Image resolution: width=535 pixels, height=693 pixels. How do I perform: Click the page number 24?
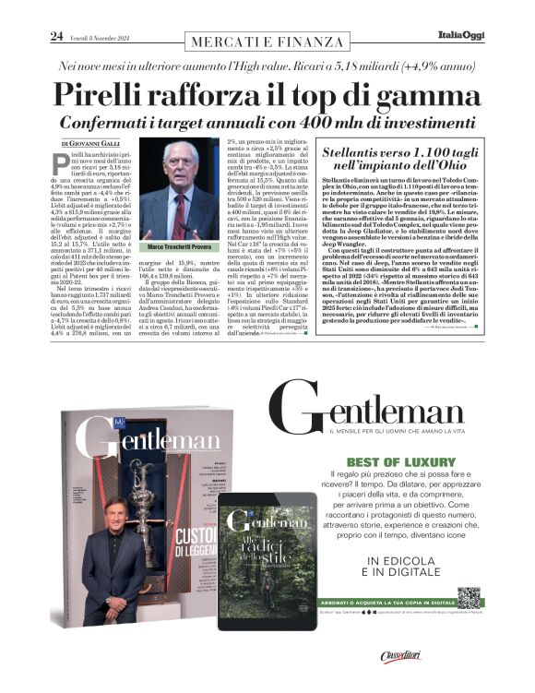pyautogui.click(x=56, y=36)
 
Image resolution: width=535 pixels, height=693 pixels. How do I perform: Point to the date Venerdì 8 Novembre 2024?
pyautogui.click(x=96, y=37)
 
